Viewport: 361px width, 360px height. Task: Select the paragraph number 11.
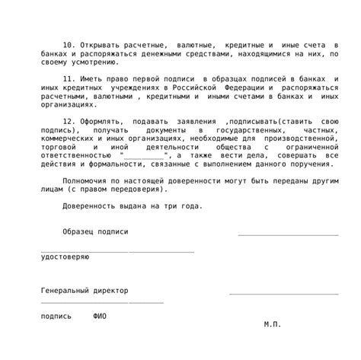[x=68, y=79]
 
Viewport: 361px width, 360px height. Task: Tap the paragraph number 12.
[x=68, y=122]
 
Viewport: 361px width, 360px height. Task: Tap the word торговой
[x=58, y=147]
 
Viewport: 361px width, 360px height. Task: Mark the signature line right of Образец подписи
[x=288, y=234]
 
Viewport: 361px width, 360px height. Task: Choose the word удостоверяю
[x=65, y=257]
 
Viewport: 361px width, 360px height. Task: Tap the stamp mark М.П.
[x=273, y=324]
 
